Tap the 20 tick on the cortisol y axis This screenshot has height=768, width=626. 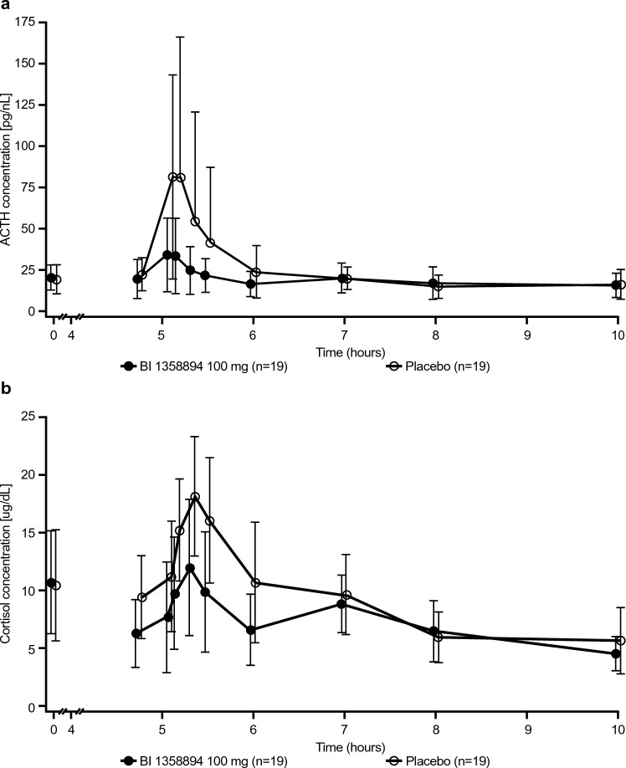point(32,474)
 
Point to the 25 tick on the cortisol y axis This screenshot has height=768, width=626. point(32,417)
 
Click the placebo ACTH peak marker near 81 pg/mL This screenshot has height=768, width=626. point(173,177)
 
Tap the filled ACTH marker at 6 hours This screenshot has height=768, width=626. point(251,284)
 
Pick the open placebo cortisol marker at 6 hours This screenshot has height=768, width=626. point(256,582)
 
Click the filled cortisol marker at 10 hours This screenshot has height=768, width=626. point(616,654)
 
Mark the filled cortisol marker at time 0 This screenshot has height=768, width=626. point(52,582)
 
